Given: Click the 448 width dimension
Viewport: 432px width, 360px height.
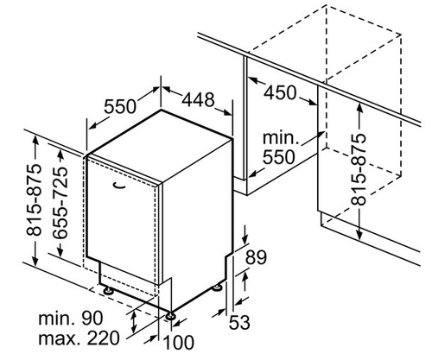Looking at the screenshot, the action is pos(198,99).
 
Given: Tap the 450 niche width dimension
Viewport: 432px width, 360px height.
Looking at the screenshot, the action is pos(280,92).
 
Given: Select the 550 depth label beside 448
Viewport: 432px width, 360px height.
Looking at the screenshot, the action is pos(119,106).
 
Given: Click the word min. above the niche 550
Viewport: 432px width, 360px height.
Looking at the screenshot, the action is pos(281,138).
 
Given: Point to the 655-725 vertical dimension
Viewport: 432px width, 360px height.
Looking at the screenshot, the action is pos(60,203).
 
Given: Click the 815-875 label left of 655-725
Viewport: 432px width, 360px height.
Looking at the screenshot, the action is pos(34,200).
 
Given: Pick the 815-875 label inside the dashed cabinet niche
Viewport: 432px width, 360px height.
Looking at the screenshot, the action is pos(359,170).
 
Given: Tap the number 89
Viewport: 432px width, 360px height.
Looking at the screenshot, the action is pos(256,257).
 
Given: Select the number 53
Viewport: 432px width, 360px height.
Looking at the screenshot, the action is pos(239,322).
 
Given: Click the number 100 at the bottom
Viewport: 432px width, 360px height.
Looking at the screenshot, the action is pos(179,343).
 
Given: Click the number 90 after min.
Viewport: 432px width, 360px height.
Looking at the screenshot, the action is pos(92,319).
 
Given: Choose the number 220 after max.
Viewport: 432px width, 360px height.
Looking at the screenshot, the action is pos(103,338).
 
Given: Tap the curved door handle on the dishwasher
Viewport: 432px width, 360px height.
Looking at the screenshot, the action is pos(120,186).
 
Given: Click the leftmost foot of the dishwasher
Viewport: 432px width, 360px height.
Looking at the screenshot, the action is pos(108,290).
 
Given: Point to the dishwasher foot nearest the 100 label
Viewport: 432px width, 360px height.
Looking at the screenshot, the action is pos(169,315).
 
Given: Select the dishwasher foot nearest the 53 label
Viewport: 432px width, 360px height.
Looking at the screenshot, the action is pos(217,287).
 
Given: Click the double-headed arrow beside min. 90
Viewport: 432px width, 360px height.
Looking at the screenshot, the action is pos(134,323).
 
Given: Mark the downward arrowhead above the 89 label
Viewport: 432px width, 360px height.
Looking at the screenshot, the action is pos(245,239).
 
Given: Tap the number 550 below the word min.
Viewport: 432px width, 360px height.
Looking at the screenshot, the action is pos(279,157).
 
